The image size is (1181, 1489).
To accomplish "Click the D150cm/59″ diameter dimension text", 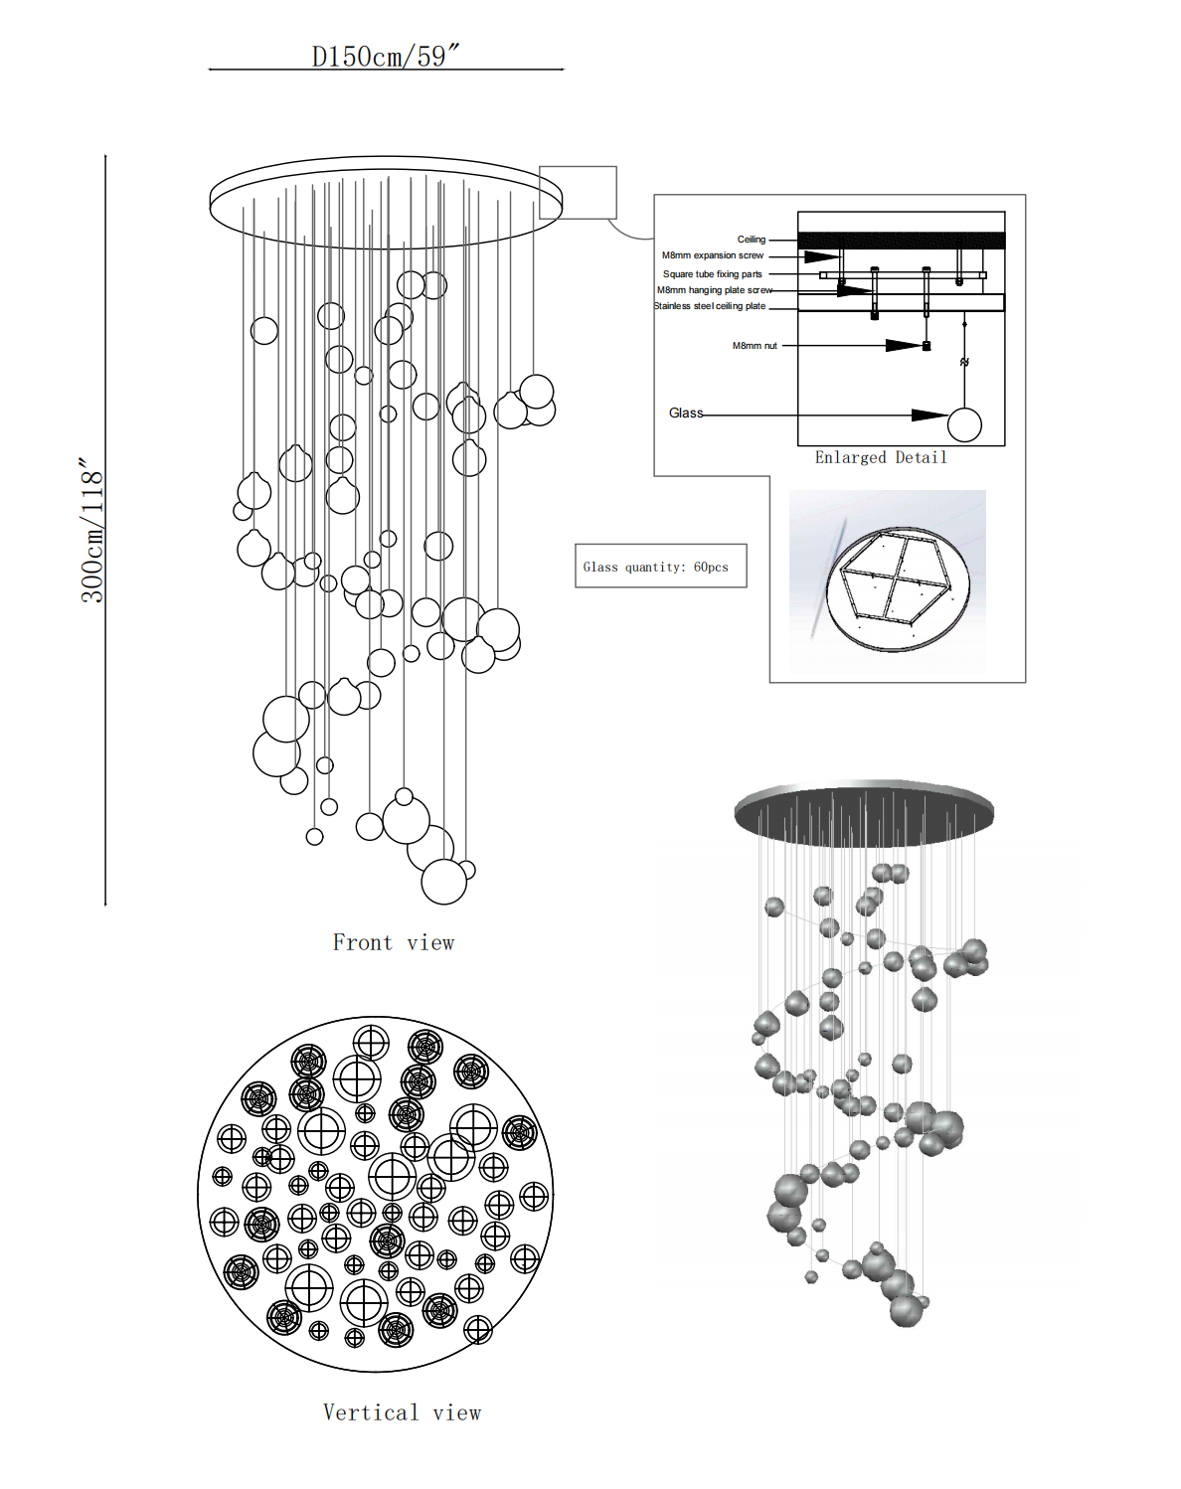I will coord(386,56).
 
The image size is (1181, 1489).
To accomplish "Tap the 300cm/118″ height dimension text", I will coord(91,530).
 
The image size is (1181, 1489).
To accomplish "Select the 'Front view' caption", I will coord(393,942).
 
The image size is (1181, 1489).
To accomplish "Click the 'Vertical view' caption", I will coord(402,1412).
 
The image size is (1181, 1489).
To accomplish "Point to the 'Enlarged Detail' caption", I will coord(881,457).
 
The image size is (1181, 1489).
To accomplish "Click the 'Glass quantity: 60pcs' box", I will coord(660,566).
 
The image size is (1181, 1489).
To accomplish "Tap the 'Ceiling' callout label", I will coord(751,240).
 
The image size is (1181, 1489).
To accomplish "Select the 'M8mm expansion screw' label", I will coord(713,255).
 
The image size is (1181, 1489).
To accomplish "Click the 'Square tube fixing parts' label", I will coord(712,274).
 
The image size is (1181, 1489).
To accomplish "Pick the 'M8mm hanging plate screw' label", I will coord(714,290).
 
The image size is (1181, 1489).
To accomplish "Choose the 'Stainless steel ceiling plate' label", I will coord(710,306).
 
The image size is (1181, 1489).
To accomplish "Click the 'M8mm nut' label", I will coord(755,346).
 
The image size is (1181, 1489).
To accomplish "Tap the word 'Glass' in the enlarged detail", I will coord(685,414).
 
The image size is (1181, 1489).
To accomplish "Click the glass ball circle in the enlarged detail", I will coord(964,424).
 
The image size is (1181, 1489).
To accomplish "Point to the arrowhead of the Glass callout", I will coord(930,414).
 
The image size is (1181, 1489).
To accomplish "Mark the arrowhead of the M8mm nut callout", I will coord(904,346).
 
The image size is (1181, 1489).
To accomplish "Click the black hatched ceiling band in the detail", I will coord(901,241).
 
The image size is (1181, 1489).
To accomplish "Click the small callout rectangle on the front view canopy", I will coord(578,192).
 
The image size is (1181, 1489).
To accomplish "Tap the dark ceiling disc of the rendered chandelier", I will coord(864,812).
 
